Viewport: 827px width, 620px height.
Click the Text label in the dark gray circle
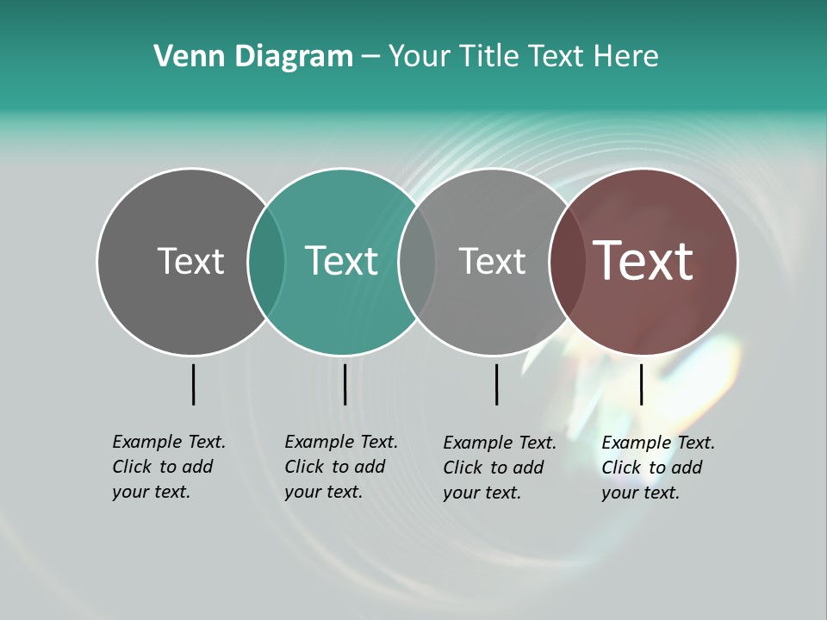point(190,261)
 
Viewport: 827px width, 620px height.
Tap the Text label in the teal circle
point(342,261)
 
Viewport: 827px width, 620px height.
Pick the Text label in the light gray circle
point(492,261)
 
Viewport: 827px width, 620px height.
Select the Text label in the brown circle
point(644,261)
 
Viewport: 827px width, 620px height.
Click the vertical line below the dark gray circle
point(193,384)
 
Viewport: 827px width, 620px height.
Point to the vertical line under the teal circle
point(345,384)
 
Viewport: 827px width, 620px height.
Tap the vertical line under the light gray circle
point(496,384)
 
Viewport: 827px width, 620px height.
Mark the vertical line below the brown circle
point(641,384)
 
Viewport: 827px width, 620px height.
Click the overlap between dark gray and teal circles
point(266,262)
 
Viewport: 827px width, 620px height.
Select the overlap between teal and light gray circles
point(417,262)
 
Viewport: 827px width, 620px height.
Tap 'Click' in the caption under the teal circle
point(304,467)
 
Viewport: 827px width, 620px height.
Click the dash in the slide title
point(370,57)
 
